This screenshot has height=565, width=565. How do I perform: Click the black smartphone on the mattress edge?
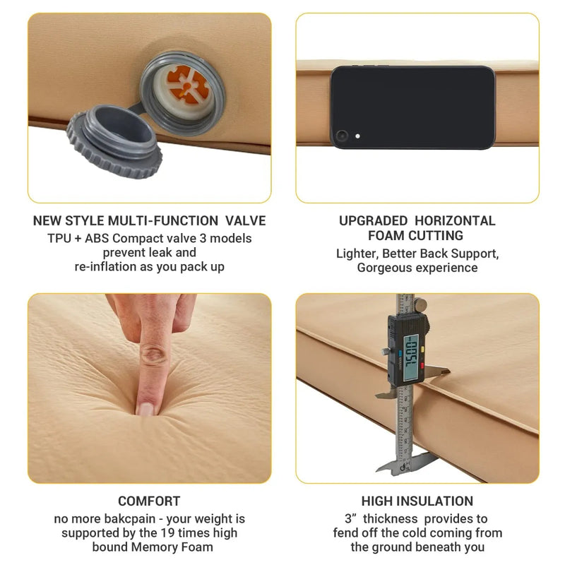click(x=412, y=107)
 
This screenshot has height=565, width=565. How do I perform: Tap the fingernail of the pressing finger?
click(x=145, y=408)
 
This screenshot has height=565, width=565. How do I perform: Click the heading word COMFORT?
click(x=149, y=501)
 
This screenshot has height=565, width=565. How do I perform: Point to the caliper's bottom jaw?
click(x=395, y=465)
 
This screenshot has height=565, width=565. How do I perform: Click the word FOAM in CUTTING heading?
click(x=386, y=235)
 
